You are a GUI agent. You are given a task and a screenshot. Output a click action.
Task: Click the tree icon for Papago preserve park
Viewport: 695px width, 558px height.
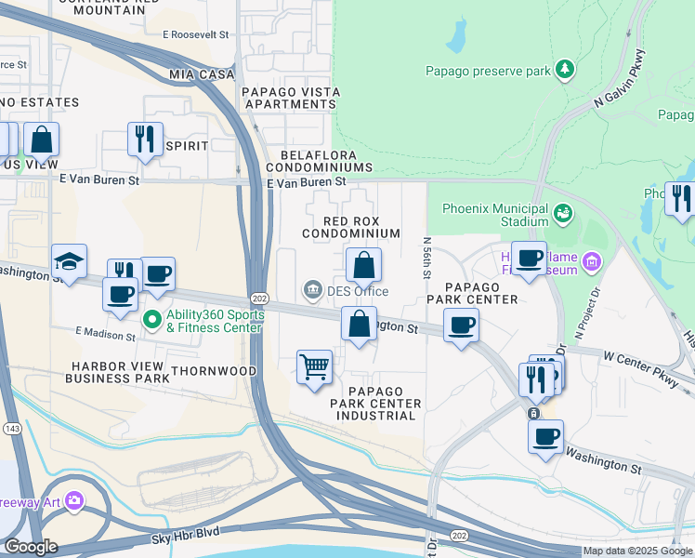(x=564, y=70)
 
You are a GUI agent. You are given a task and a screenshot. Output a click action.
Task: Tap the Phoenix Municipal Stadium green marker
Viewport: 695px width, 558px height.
(x=562, y=215)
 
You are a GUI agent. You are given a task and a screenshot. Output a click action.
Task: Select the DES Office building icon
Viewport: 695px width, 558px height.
(x=312, y=291)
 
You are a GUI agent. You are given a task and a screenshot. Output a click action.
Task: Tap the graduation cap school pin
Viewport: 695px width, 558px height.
(x=70, y=262)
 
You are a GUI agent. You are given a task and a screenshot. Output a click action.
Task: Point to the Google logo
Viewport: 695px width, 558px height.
(x=31, y=547)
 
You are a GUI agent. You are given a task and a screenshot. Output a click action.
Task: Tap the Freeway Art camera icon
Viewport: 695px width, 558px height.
(x=72, y=503)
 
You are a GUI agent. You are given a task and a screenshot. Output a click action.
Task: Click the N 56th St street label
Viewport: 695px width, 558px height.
(x=427, y=254)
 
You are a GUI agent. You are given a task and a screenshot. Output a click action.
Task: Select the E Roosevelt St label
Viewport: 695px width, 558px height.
(x=195, y=34)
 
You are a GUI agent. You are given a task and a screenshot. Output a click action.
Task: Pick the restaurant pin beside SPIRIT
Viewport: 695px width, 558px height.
(x=145, y=139)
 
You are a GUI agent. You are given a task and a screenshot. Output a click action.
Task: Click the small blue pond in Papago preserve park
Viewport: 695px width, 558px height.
(x=455, y=36)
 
